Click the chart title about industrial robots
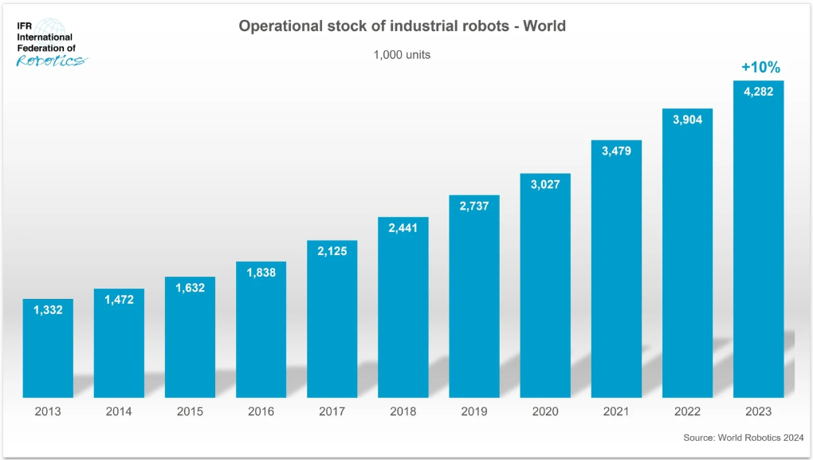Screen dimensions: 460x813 [x=403, y=26]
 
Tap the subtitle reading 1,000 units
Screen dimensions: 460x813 [x=403, y=55]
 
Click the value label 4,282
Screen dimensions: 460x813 [x=758, y=91]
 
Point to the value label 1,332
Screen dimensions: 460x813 [x=48, y=309]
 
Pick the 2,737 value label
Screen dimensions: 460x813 [x=474, y=206]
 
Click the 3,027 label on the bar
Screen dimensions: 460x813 [x=545, y=184]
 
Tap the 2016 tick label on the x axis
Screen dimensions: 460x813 [x=261, y=411]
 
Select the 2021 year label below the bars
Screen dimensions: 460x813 [x=616, y=411]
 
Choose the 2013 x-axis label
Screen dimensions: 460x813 [x=48, y=411]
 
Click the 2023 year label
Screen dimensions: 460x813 [x=758, y=411]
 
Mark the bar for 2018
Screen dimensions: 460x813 [x=403, y=319]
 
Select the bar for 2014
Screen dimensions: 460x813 [x=119, y=351]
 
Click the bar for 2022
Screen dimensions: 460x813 [x=687, y=263]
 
